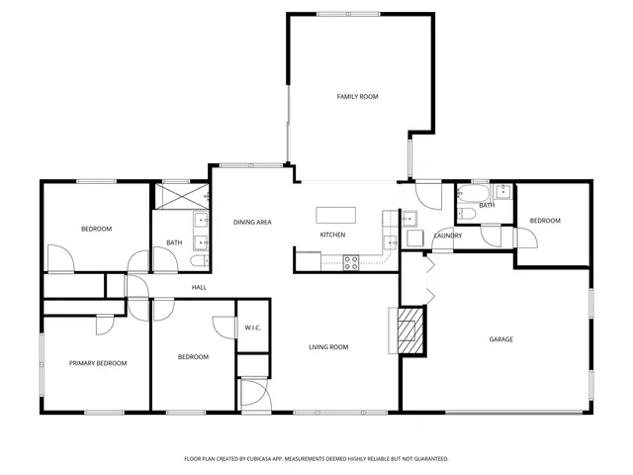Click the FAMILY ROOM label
tap(357, 97)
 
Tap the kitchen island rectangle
tap(335, 215)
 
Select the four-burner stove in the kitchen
tap(350, 262)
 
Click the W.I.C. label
tap(251, 328)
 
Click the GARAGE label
tap(500, 339)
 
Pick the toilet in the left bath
tap(198, 260)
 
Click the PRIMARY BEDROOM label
tap(98, 363)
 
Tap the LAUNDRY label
tap(447, 236)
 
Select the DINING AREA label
tap(252, 223)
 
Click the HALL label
tap(199, 287)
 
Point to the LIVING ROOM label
tap(328, 347)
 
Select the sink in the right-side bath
tap(501, 191)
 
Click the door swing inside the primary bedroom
tap(102, 326)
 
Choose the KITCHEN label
tap(331, 236)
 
